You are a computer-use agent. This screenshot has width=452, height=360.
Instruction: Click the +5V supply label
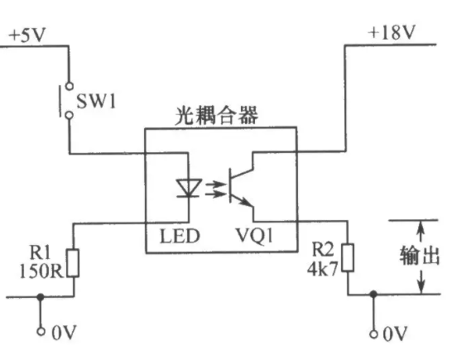point(27,35)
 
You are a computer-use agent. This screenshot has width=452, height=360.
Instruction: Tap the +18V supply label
point(392,32)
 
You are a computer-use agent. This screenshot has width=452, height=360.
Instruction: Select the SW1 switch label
point(96,101)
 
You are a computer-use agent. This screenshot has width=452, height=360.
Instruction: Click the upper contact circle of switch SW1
point(70,86)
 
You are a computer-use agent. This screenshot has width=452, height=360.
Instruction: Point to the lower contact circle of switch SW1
point(70,115)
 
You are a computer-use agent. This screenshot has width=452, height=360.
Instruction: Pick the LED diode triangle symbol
point(189,188)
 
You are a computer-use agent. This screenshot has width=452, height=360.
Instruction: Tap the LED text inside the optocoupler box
point(180,236)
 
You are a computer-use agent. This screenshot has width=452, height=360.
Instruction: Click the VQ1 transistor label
point(254,236)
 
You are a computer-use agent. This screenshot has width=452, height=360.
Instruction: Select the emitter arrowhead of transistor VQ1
point(248,202)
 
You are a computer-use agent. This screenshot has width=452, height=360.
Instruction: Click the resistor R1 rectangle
point(73,263)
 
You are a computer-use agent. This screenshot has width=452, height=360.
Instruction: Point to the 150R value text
point(41,271)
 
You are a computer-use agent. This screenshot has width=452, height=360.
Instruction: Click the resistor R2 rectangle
point(348,257)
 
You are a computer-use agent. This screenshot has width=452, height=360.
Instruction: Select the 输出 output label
point(420,256)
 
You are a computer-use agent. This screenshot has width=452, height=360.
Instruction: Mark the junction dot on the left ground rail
point(41,296)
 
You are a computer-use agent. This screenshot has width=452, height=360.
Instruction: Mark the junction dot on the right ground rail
point(373,294)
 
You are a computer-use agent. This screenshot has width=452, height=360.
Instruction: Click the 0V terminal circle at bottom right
point(373,334)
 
